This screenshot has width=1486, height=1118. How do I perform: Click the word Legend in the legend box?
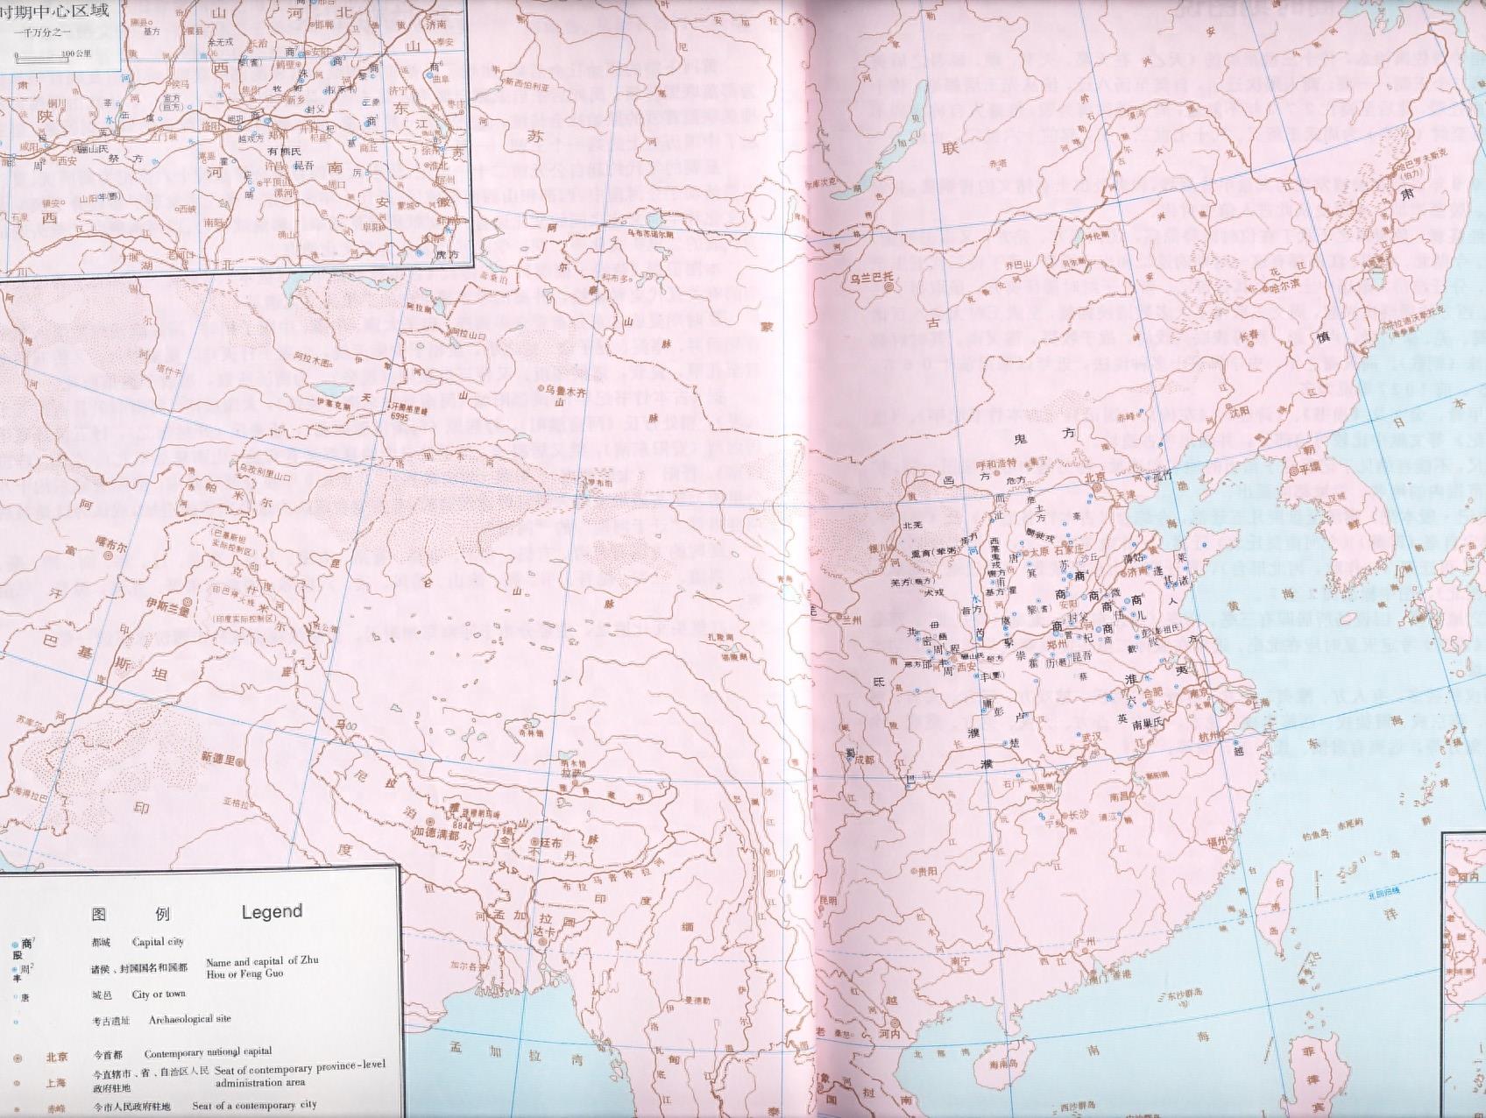pos(272,911)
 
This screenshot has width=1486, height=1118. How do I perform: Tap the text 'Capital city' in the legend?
pos(158,942)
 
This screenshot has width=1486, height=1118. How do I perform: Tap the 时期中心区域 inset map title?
pos(54,13)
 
